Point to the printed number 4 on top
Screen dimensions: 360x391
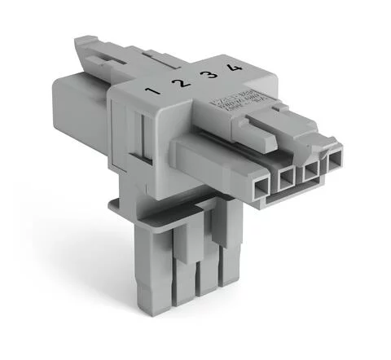pos(235,68)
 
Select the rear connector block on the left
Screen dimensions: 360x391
pos(81,114)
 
